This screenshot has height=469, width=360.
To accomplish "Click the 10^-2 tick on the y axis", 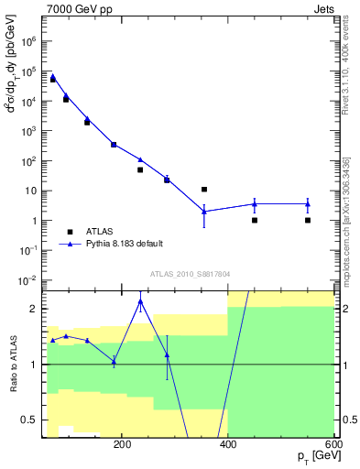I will coord(27,279).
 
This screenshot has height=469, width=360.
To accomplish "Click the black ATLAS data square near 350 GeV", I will coord(204,190).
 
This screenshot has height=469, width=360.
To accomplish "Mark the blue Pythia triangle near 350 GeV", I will coord(204,211).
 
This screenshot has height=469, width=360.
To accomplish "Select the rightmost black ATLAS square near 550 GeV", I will coord(308,220).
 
